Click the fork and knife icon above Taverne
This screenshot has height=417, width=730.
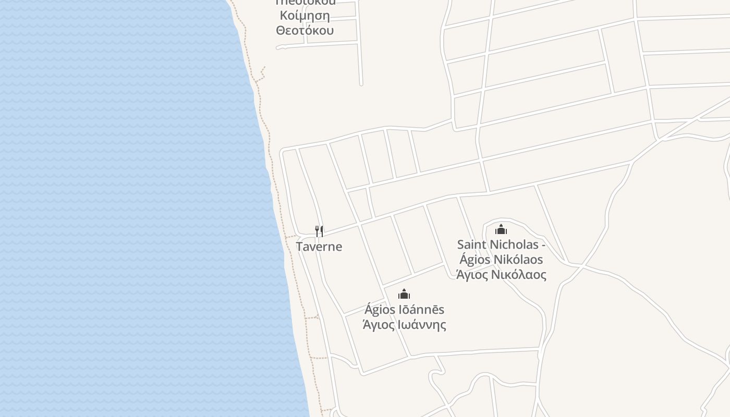319,231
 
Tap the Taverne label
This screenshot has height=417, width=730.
319,247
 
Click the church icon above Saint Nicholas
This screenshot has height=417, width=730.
501,229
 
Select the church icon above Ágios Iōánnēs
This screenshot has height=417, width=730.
404,294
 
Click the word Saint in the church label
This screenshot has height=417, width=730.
472,244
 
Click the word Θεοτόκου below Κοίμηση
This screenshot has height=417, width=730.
305,30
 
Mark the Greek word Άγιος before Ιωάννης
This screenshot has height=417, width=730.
379,325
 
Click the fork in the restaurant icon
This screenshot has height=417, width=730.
317,231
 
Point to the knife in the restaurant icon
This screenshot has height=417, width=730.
322,231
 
